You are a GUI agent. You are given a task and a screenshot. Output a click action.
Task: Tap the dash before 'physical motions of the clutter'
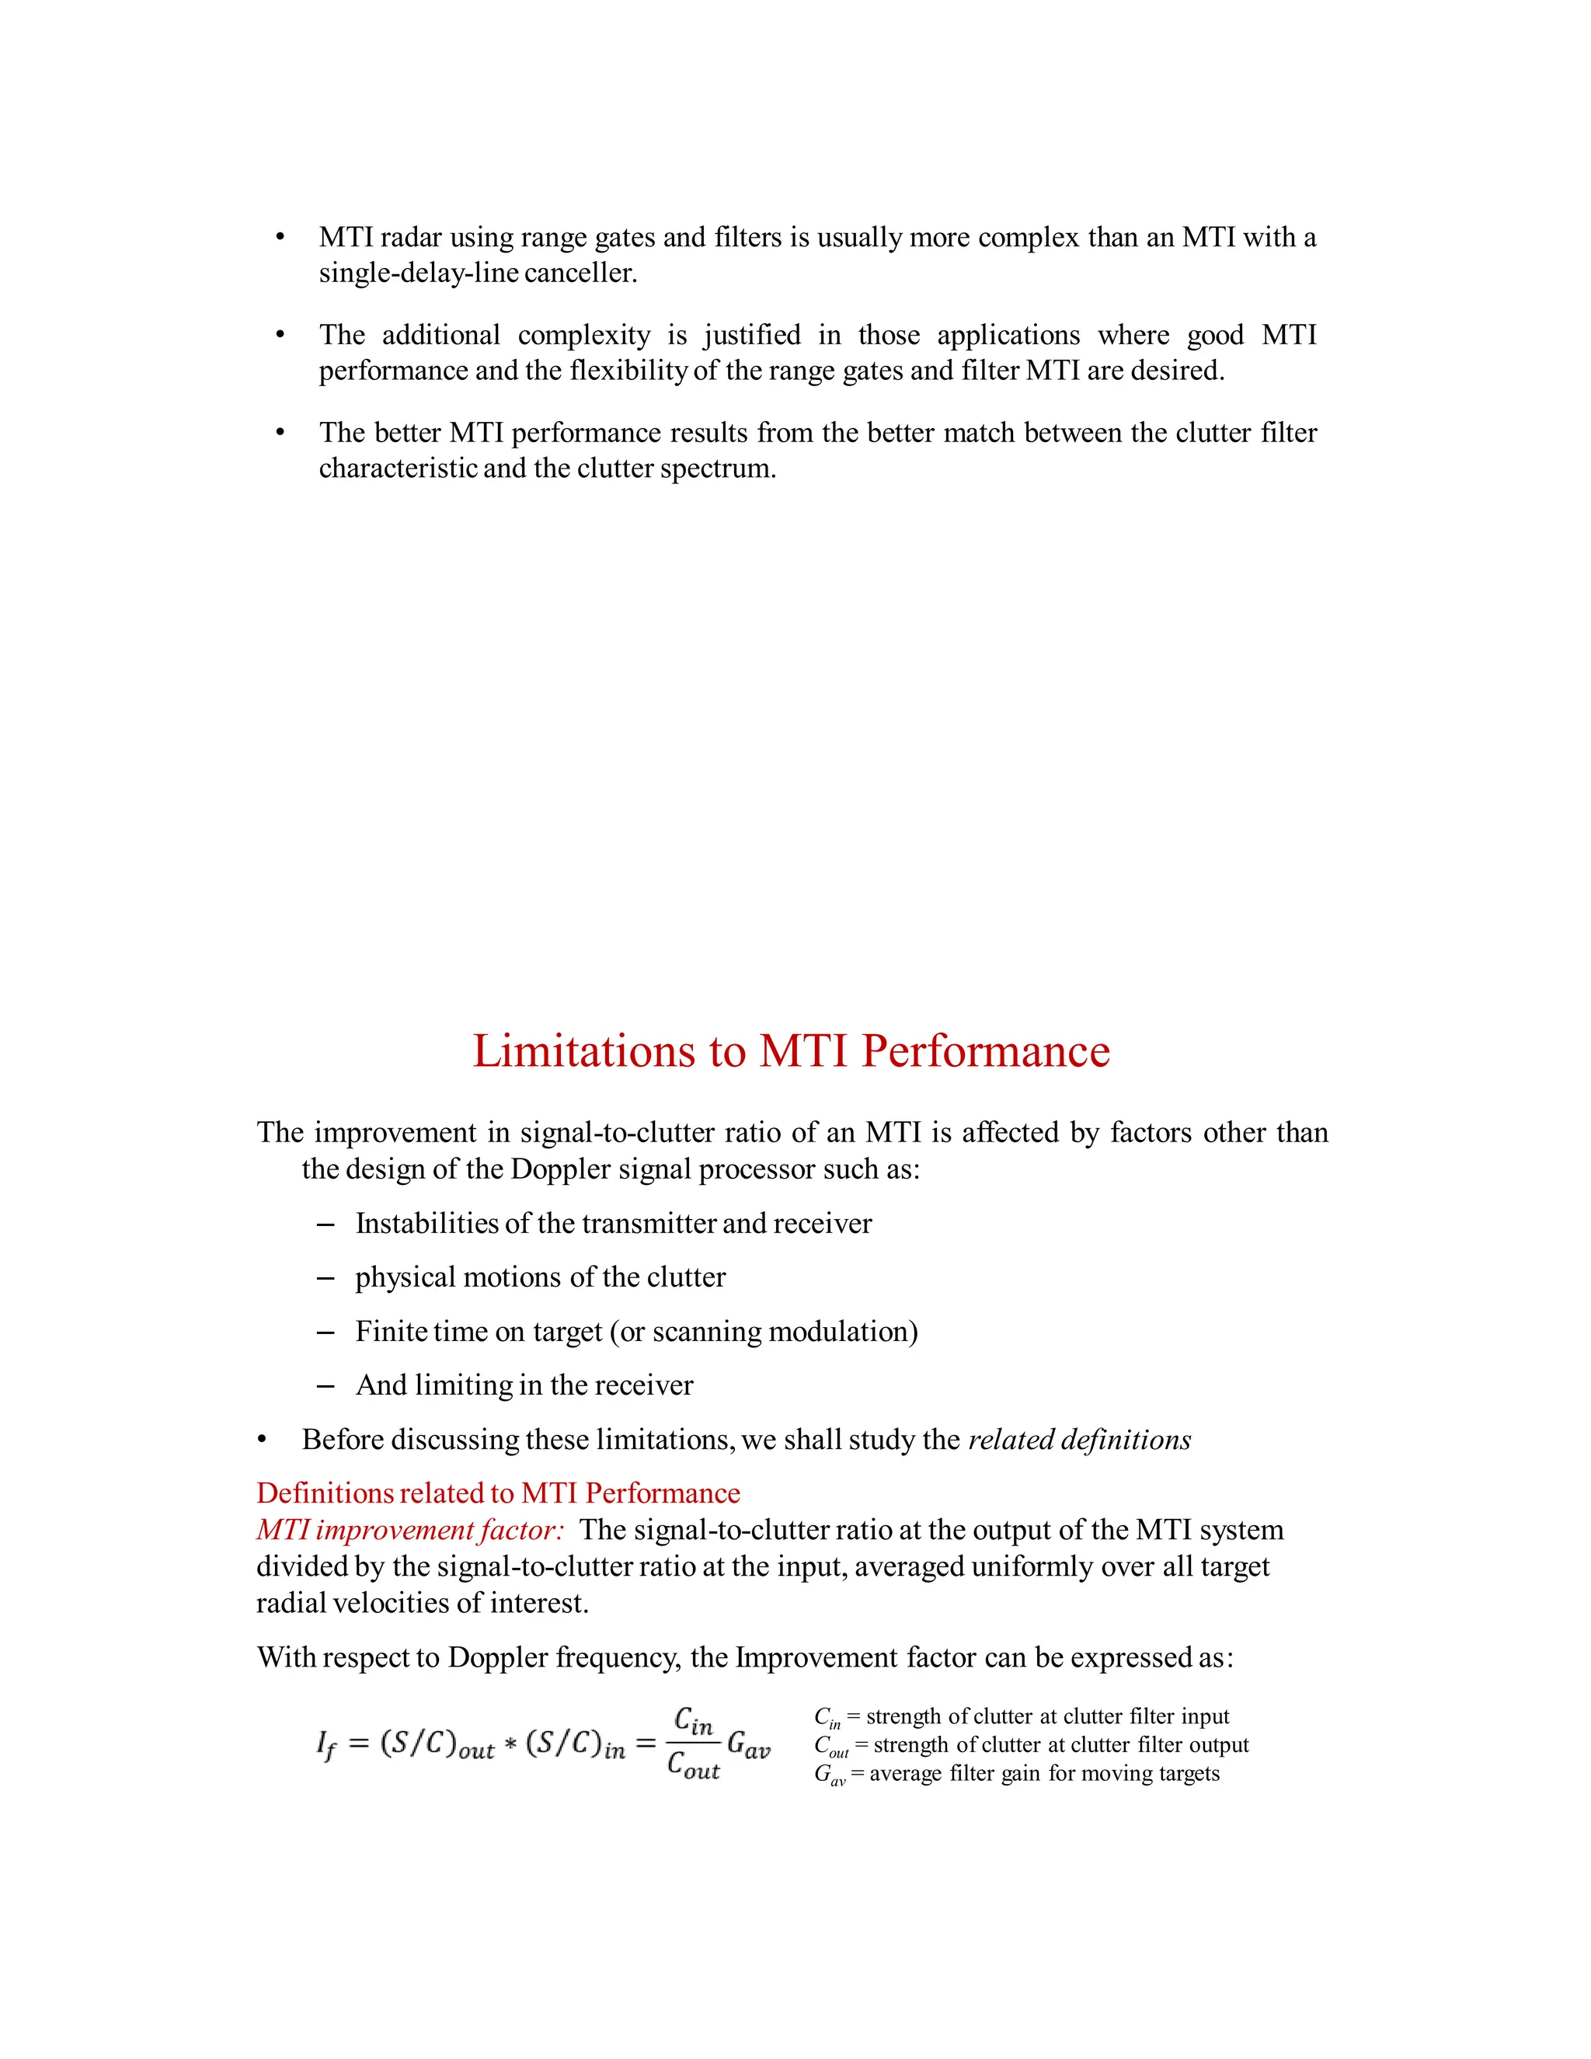click(x=326, y=1278)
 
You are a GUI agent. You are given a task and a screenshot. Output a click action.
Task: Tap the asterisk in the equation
click(x=509, y=1746)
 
